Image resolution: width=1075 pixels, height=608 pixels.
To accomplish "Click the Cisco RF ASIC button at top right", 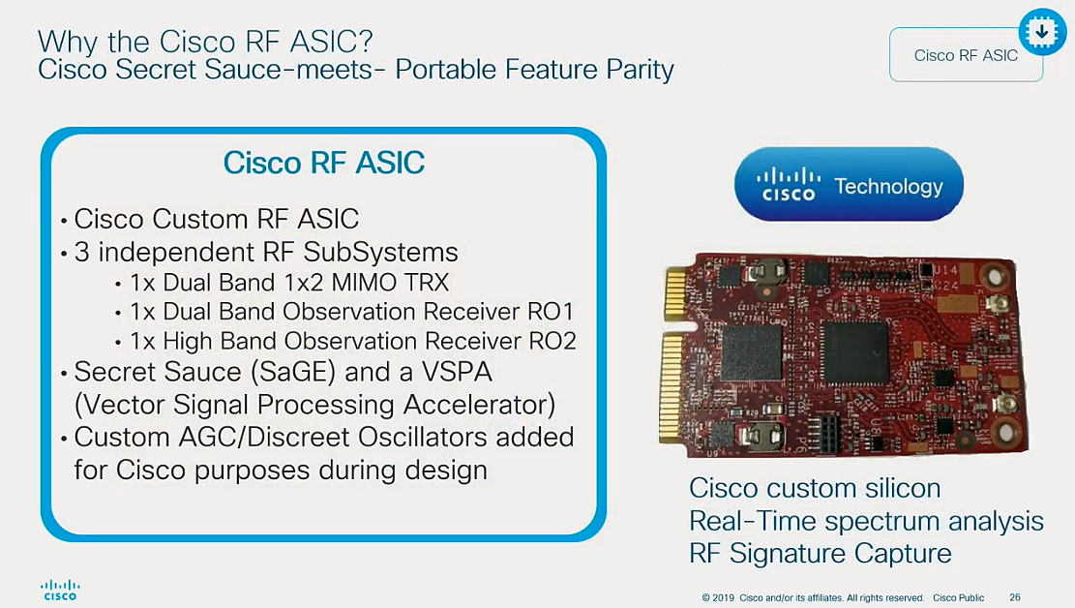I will coord(965,55).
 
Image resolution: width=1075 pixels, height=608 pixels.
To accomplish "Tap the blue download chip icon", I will coord(1041,33).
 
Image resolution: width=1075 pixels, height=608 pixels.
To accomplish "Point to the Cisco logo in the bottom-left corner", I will coord(60,591).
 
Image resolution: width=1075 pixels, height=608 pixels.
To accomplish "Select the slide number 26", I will coord(1015,597).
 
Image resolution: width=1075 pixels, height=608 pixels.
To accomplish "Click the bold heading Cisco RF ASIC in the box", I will coord(324,162).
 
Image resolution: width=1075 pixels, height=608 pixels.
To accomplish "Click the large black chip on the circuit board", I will coord(855,351).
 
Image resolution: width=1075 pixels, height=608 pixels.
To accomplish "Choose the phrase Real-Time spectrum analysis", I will coord(866,521).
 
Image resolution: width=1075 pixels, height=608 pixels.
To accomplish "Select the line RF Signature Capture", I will coord(820,553).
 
